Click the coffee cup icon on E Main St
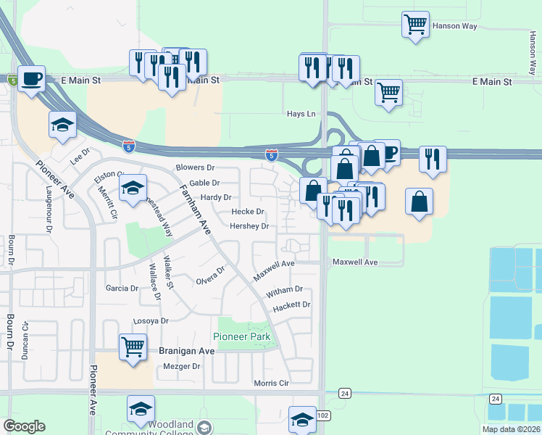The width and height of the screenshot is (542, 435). [x=31, y=78]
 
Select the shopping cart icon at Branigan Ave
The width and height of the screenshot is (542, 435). [x=133, y=348]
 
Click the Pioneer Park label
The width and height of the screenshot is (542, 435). [x=242, y=336]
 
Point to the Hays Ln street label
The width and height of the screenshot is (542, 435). [x=301, y=114]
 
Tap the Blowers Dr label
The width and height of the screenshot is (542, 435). [x=196, y=167]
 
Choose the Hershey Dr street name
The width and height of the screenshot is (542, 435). [x=249, y=226]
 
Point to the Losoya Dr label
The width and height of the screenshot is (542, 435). [x=150, y=320]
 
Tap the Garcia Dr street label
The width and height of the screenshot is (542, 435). [x=122, y=288]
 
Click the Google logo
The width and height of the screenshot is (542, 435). [x=23, y=426]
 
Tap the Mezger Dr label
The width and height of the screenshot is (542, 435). [x=182, y=367]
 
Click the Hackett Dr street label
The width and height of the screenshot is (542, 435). [x=291, y=305]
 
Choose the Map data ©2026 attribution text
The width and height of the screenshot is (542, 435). [x=510, y=429]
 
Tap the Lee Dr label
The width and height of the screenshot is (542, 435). [x=79, y=154]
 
